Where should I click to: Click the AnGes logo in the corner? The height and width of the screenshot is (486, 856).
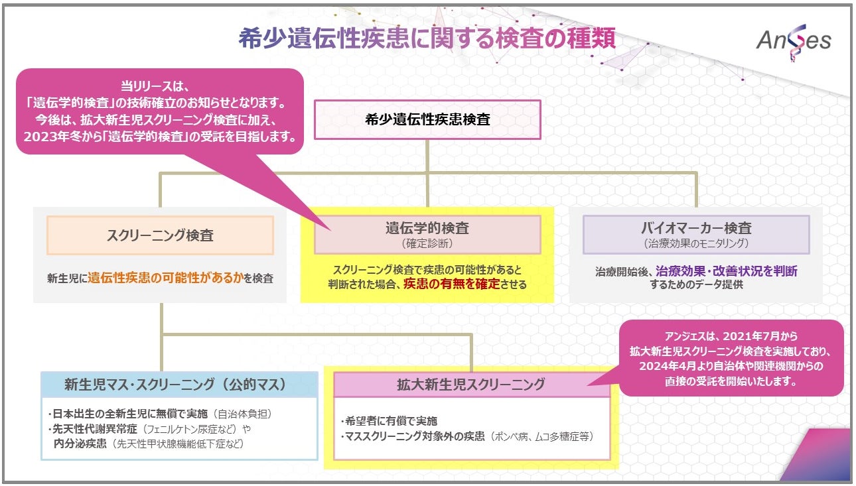pos(794,41)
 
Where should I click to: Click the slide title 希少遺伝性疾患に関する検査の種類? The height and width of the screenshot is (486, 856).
pos(427,38)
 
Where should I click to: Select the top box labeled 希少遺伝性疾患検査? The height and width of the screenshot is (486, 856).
pos(427,120)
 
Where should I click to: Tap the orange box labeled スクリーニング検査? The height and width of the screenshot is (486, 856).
pos(160,235)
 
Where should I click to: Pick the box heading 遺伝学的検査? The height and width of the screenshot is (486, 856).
pos(427,228)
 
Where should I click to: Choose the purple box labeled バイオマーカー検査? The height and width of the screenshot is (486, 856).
pos(696,228)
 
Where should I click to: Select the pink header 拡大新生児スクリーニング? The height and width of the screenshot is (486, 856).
pos(471,384)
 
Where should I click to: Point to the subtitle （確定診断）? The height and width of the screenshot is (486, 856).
pos(427,244)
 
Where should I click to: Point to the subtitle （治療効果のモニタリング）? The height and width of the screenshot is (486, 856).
pos(696,244)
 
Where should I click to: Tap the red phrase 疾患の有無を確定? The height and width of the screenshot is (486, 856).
pos(451,284)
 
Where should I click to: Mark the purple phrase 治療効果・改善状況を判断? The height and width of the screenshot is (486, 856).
pos(727,271)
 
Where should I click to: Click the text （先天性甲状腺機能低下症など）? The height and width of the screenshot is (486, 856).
pos(177,443)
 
